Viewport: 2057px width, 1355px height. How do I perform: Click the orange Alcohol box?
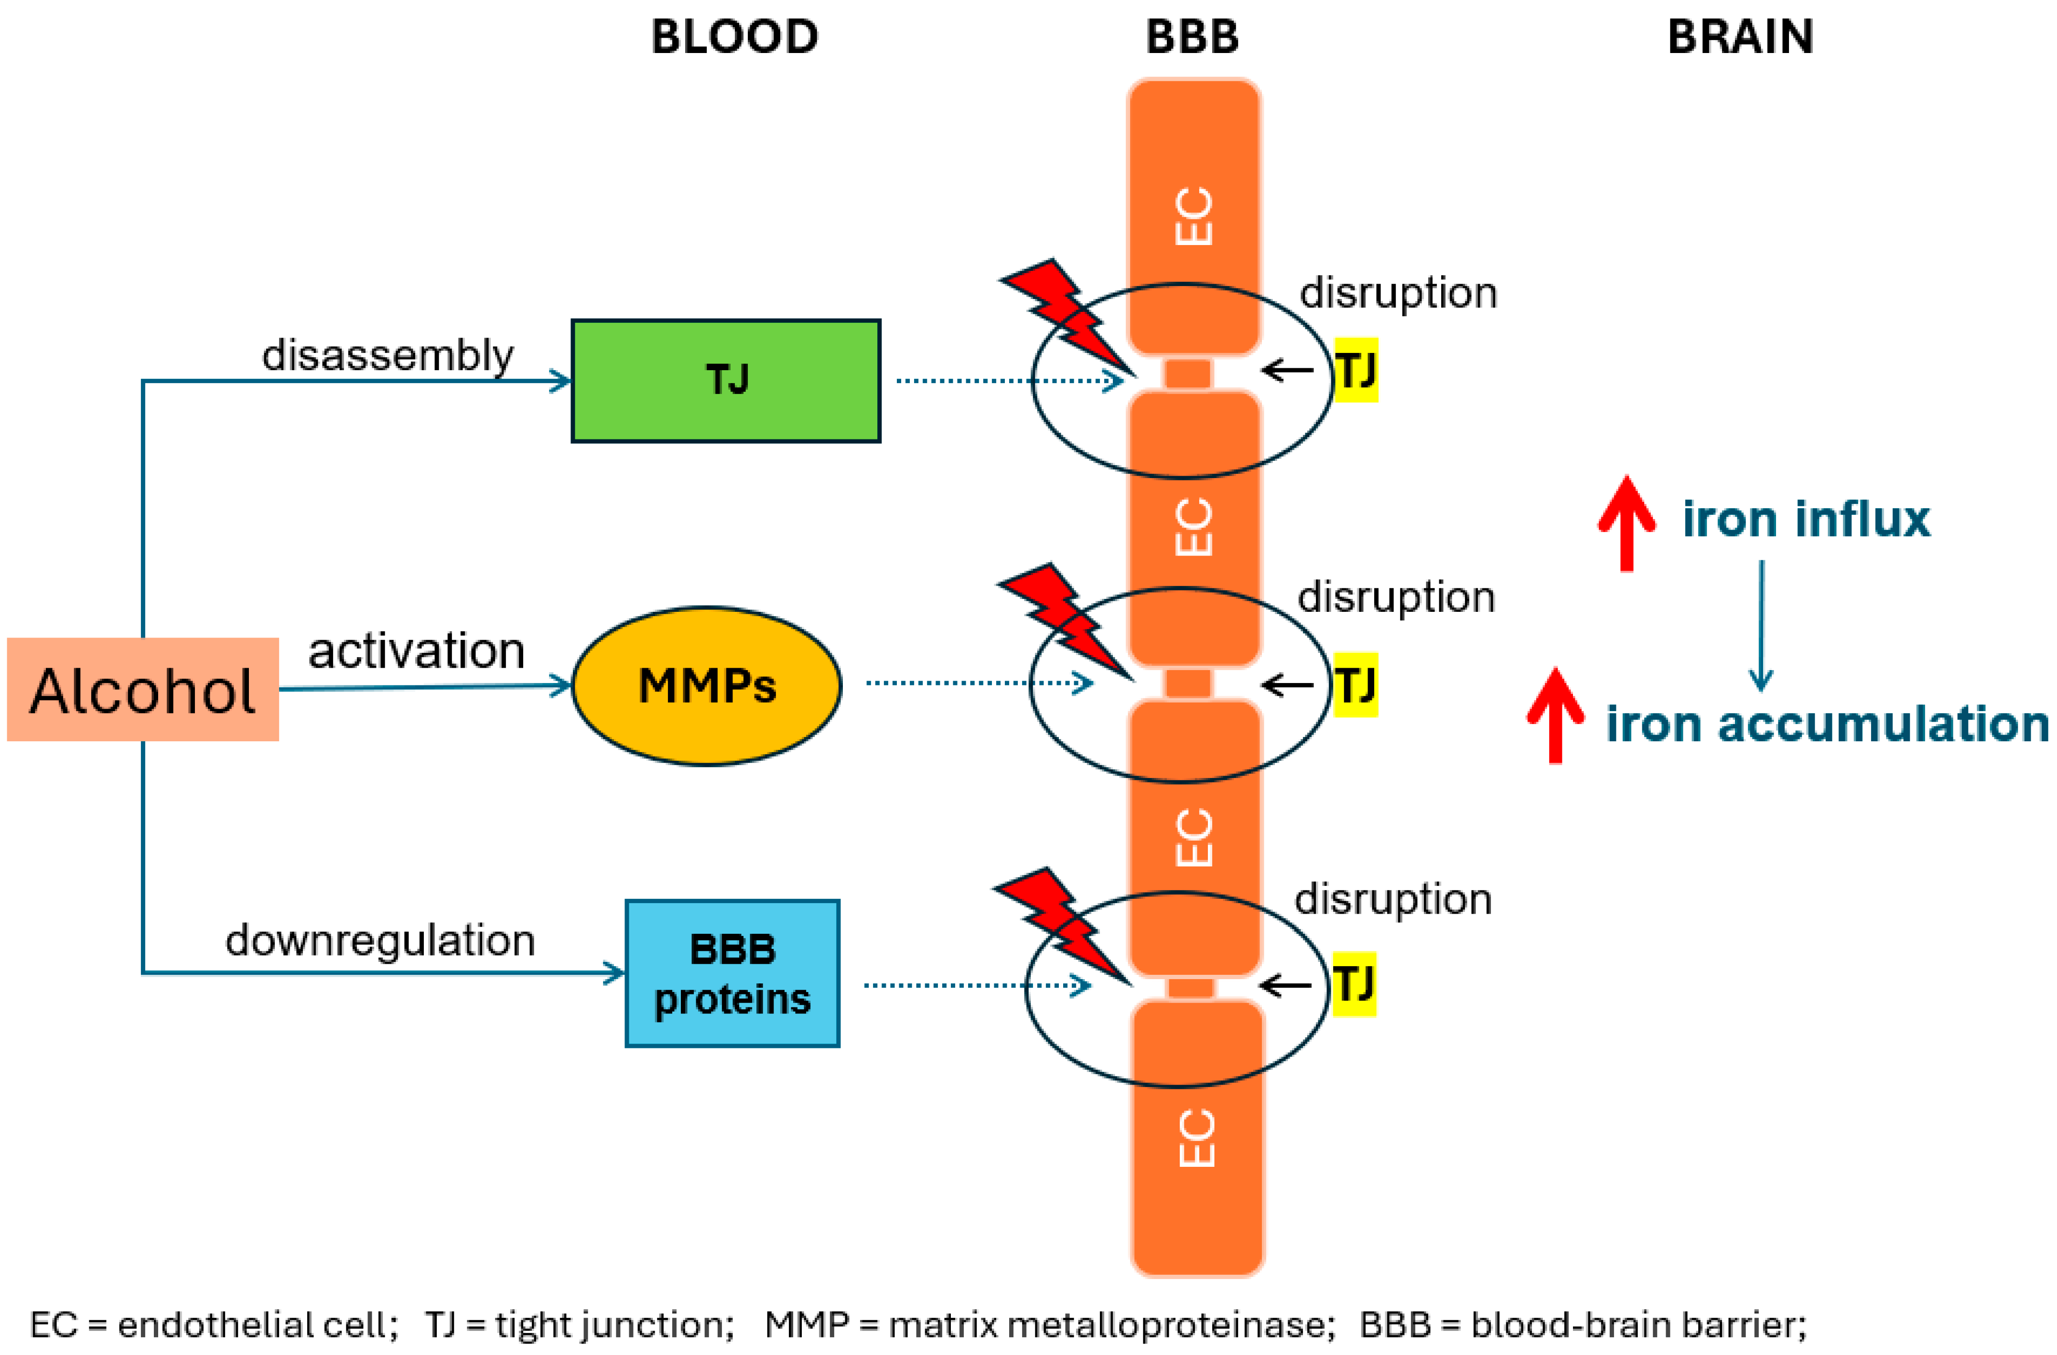point(142,690)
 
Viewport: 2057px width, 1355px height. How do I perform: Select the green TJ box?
point(726,380)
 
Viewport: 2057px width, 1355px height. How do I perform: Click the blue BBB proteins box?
point(732,974)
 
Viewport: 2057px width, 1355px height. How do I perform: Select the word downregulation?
point(380,940)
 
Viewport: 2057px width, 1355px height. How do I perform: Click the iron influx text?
point(1806,519)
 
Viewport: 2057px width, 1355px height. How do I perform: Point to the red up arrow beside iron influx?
point(1626,523)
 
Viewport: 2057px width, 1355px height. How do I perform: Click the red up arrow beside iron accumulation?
point(1555,715)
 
